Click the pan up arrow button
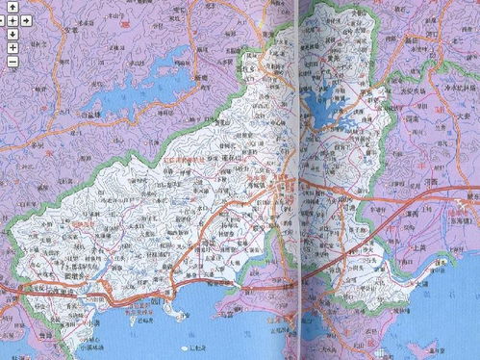12,8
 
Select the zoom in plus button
12,46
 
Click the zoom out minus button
12,61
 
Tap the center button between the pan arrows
12,20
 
